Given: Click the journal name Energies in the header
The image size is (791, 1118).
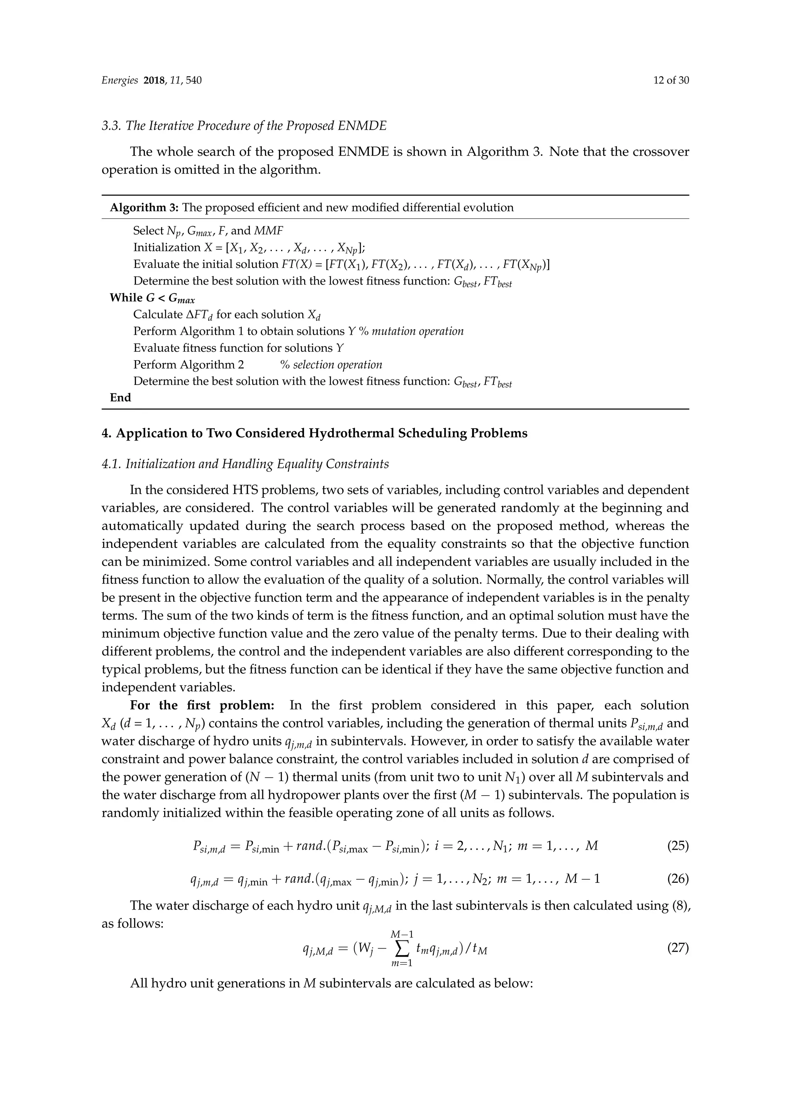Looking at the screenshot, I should [x=119, y=80].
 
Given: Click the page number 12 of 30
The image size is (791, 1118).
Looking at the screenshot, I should [x=671, y=80].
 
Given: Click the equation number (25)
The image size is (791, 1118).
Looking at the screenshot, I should [x=677, y=846].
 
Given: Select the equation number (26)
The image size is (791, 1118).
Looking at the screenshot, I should [x=677, y=879].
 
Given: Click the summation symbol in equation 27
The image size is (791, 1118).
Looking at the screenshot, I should [x=402, y=948].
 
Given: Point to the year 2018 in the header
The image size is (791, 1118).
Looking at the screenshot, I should [x=155, y=80].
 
